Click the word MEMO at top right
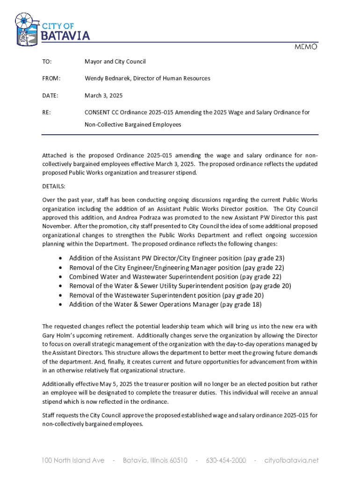coord(306,47)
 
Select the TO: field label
coord(47,62)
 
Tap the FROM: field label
coord(51,79)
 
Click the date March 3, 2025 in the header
coord(103,95)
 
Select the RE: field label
coord(46,112)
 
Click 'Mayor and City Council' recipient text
coord(115,62)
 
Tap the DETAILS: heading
coord(54,186)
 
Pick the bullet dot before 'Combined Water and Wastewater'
coord(62,277)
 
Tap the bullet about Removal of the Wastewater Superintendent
coord(166,295)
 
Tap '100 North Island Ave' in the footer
coord(73,460)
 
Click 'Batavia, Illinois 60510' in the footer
coord(155,460)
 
